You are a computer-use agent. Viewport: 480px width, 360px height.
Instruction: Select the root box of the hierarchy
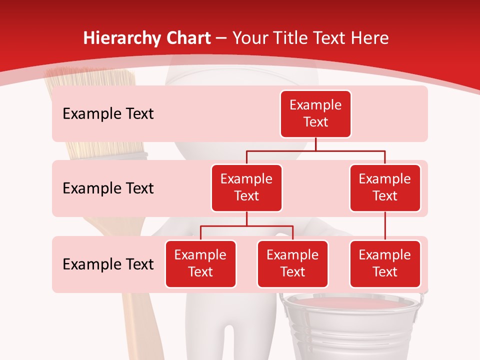tap(315, 113)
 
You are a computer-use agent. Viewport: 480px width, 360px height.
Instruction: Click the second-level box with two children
tap(246, 187)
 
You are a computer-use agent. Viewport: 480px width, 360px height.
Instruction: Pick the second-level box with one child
tap(385, 187)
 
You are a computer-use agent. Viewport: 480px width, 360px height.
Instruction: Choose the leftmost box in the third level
tap(200, 263)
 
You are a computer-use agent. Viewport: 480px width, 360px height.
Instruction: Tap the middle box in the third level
tap(292, 263)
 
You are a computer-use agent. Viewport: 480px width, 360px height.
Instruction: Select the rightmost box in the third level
tap(385, 263)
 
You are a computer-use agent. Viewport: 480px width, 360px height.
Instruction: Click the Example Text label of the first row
tap(108, 114)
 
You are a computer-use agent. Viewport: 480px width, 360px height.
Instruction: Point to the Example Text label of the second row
tap(108, 188)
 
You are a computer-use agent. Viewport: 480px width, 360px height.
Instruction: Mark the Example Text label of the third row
tap(108, 264)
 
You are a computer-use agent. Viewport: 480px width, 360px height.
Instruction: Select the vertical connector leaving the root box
tap(315, 144)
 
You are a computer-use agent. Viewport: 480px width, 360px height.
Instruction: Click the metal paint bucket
tap(350, 325)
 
